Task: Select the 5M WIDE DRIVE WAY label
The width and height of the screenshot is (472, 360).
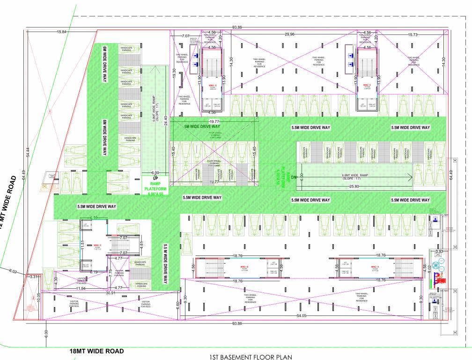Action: coord(202,127)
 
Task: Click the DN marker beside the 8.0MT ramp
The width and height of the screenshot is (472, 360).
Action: coord(295,178)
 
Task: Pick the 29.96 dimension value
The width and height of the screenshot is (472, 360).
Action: coord(289,34)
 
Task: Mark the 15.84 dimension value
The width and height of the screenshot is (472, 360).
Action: coord(61,32)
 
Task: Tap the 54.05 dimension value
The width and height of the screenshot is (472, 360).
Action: coord(301,316)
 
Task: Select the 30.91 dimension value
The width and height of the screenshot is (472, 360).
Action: coord(111,293)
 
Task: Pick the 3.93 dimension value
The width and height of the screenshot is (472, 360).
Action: coord(439,252)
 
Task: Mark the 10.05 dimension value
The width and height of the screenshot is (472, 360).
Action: coord(39,298)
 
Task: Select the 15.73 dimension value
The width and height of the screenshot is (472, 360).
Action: coord(413,34)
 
